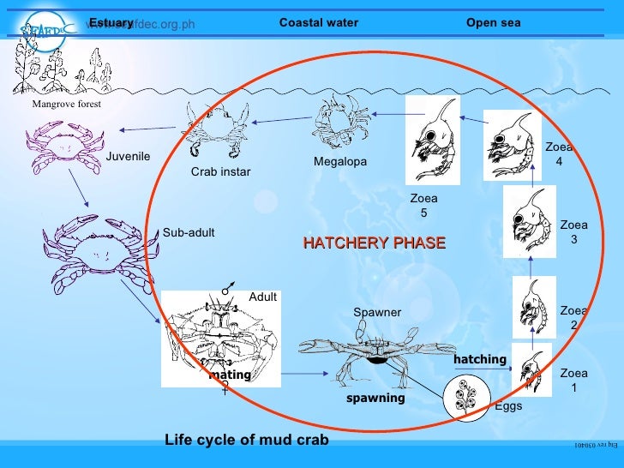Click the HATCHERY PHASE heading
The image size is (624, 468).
point(374,243)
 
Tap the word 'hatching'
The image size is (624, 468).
point(480,359)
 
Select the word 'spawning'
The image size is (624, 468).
point(375,399)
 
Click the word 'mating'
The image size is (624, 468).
point(230,375)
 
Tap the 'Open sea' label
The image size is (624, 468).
point(493,23)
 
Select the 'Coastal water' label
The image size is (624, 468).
point(319,23)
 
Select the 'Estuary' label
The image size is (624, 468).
point(111,22)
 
